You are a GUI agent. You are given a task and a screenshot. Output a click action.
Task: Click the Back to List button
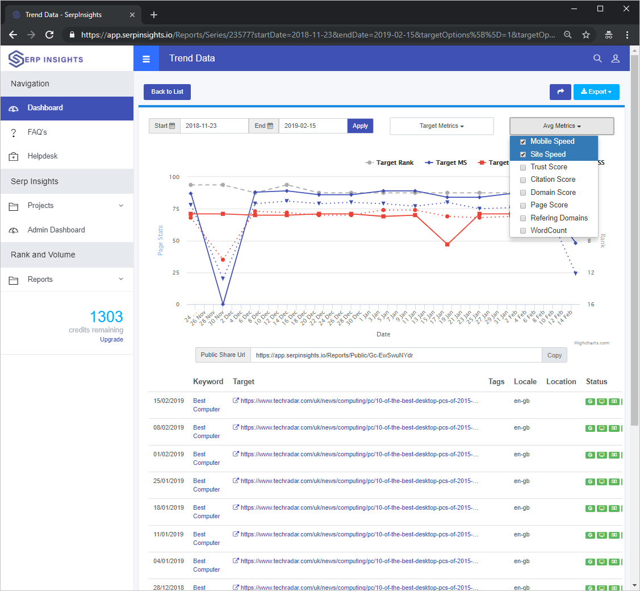point(167,91)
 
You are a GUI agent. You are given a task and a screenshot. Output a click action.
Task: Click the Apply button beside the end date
point(360,126)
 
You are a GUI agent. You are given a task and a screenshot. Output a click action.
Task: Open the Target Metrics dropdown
point(441,126)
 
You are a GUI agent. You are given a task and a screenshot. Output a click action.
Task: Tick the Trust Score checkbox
point(523,167)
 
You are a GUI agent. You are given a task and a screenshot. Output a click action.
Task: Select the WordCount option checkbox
point(523,231)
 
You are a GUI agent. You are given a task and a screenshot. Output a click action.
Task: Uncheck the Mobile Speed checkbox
point(523,141)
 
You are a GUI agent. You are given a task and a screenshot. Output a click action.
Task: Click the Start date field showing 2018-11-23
point(214,126)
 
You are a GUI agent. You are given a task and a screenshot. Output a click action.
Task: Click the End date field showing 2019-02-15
point(312,126)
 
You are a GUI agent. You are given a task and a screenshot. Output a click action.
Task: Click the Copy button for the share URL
point(554,355)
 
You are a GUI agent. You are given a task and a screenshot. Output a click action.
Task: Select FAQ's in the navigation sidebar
point(37,132)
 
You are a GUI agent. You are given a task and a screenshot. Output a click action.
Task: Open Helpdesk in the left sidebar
point(43,156)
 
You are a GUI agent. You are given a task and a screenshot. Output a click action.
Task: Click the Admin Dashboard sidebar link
point(56,230)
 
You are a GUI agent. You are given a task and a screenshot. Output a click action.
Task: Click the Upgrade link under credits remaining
point(111,339)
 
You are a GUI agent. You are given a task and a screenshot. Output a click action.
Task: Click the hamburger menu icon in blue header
point(147,59)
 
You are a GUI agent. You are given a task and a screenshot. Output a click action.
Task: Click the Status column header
point(596,382)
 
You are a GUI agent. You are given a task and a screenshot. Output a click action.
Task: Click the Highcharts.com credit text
point(591,343)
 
